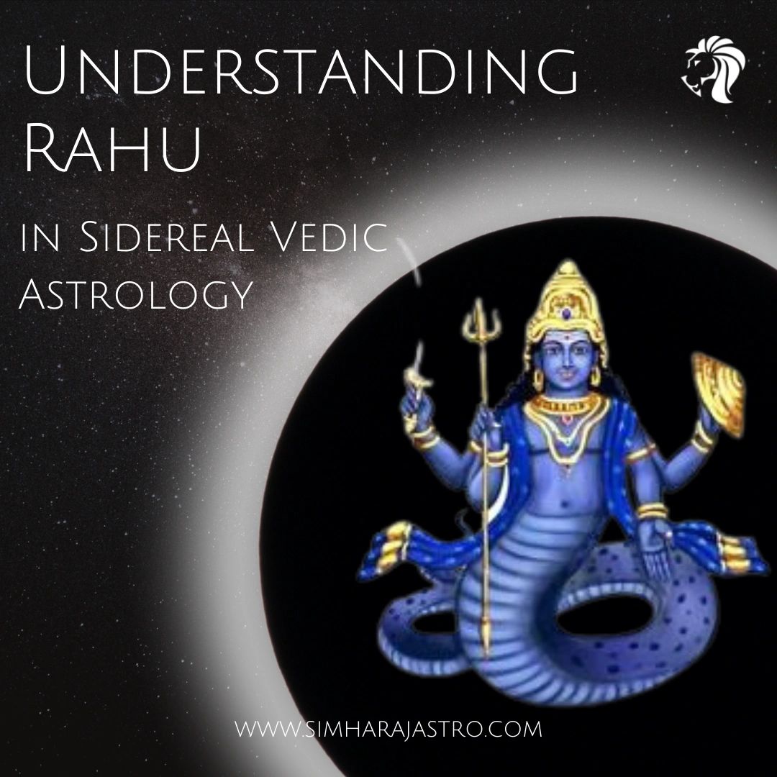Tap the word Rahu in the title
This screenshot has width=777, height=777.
point(112,149)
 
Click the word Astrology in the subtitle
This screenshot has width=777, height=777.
point(136,294)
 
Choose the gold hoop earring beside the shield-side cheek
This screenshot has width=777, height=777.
point(596,377)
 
